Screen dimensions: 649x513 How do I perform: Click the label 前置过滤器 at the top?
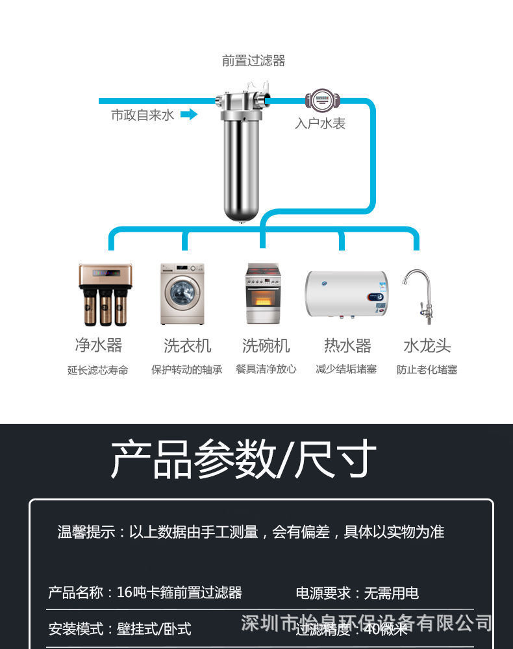click(253, 61)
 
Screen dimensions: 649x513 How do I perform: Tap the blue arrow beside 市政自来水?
click(188, 115)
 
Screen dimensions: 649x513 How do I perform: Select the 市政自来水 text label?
click(142, 116)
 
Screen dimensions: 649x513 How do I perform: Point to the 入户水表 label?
click(320, 123)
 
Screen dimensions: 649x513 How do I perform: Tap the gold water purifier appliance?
click(105, 293)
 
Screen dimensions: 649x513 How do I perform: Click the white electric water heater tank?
click(346, 294)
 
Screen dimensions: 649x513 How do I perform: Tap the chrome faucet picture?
click(418, 295)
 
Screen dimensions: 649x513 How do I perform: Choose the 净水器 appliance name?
click(98, 345)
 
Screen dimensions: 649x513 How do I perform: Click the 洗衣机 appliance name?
click(187, 345)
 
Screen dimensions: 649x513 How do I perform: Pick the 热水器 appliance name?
click(347, 345)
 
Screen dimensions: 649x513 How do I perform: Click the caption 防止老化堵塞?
click(427, 370)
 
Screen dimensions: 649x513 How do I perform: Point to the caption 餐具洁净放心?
click(266, 369)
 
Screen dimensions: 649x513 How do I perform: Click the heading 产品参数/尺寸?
click(244, 459)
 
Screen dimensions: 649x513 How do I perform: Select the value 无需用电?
click(391, 593)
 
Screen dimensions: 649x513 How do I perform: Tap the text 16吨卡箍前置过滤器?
click(179, 593)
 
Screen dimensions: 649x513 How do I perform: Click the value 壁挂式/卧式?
click(154, 629)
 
